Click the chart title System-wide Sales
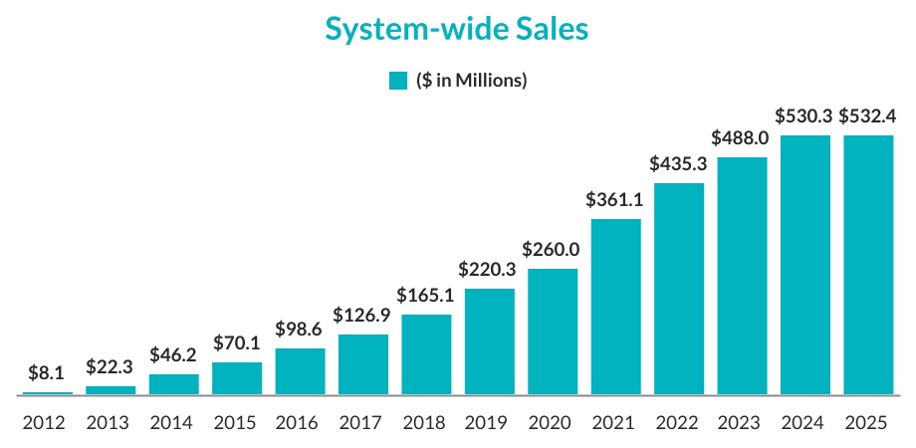click(458, 30)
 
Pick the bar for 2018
click(427, 355)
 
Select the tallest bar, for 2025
click(868, 265)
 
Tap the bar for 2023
click(743, 276)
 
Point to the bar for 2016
click(301, 371)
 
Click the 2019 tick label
click(490, 421)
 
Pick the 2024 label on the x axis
click(805, 421)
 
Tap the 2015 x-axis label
click(237, 421)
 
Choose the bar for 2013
click(111, 390)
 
